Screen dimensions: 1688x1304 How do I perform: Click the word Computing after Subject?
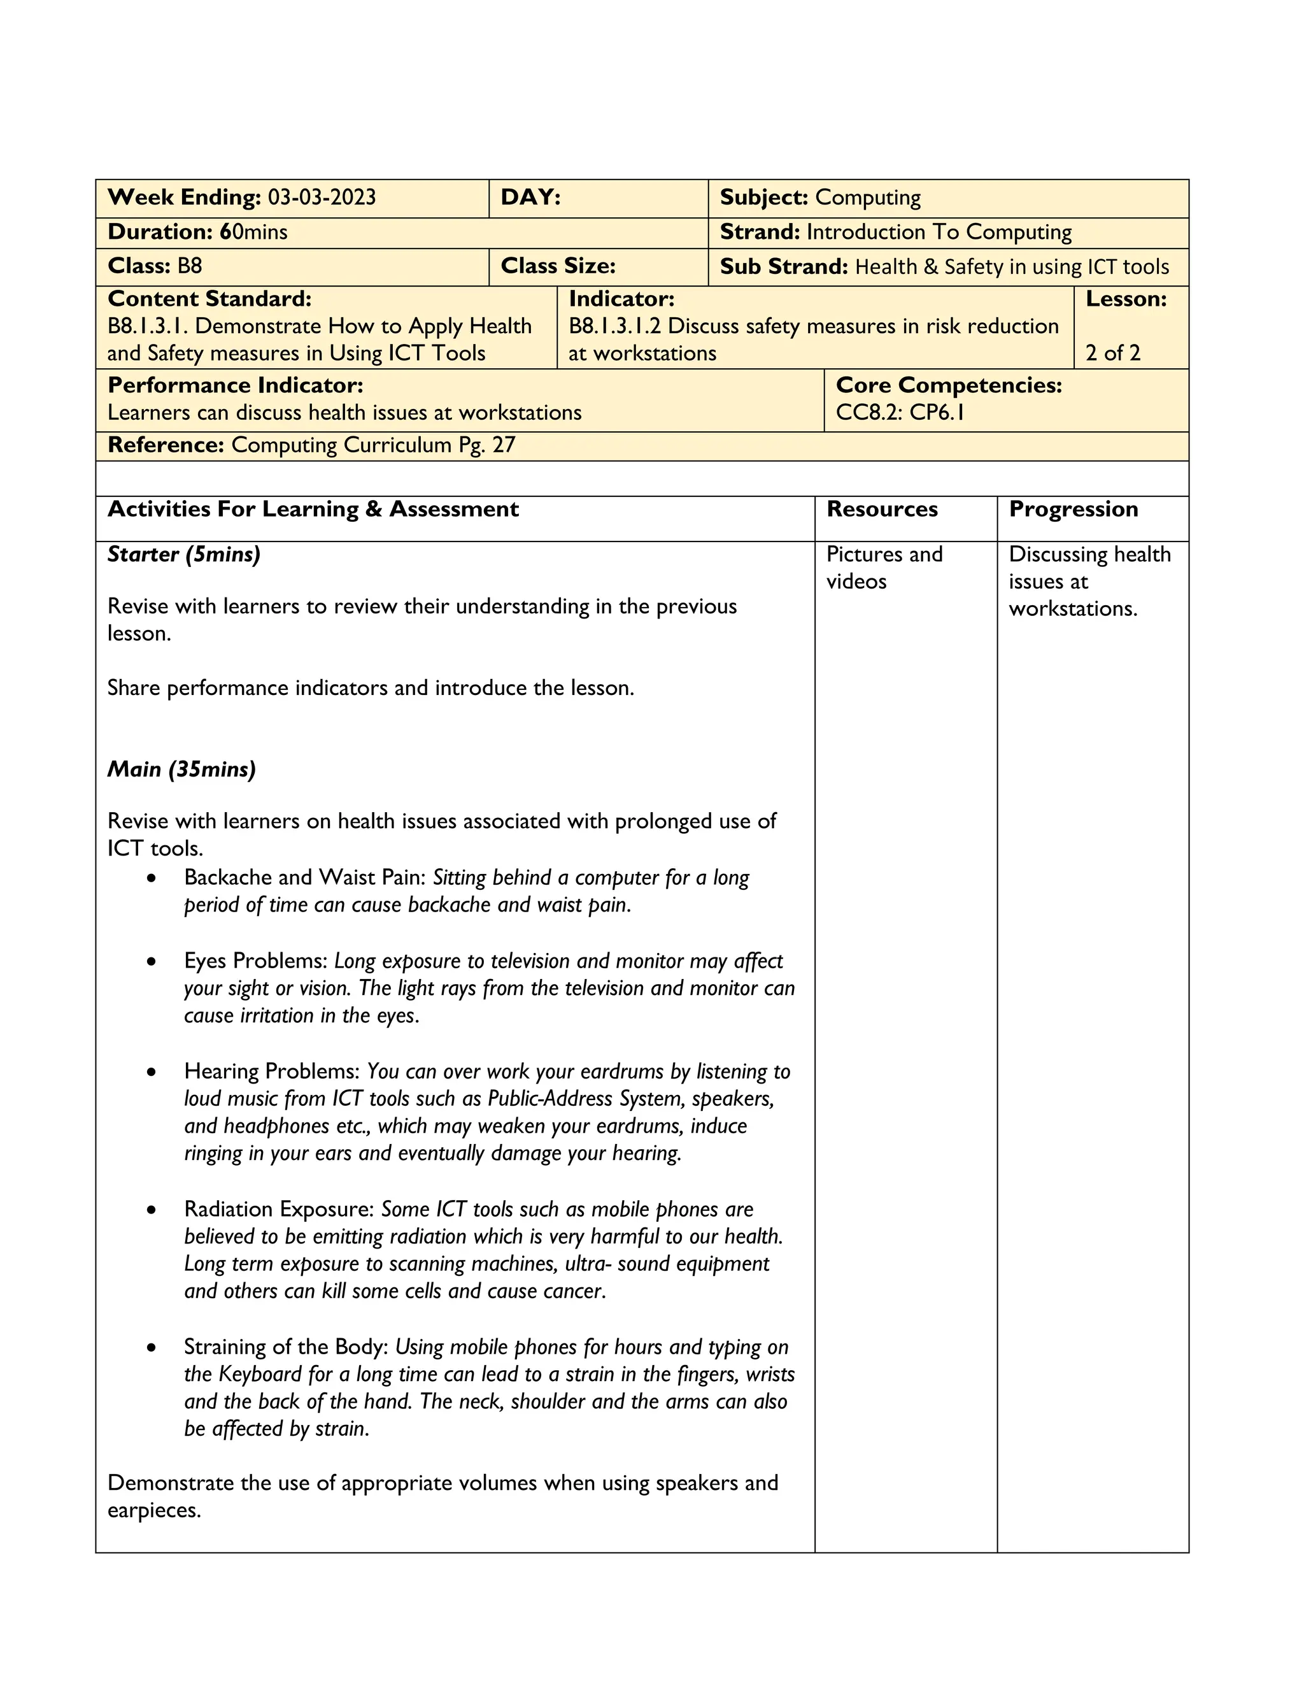(868, 198)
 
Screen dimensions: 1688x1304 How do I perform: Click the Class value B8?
(189, 266)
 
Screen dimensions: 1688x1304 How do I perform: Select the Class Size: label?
(558, 266)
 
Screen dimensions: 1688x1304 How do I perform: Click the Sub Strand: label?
(784, 267)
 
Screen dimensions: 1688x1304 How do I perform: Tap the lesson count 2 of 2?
(1112, 354)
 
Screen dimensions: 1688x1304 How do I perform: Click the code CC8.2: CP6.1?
(900, 412)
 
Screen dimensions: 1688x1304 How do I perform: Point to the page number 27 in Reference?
(504, 445)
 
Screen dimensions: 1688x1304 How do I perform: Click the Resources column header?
(881, 510)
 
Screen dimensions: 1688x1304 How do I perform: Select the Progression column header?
(1073, 510)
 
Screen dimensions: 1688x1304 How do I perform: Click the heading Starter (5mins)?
(184, 554)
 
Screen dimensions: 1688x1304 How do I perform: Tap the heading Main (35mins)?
(181, 769)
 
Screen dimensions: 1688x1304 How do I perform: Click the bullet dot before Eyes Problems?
(152, 962)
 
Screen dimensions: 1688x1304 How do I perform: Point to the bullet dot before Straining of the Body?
(152, 1348)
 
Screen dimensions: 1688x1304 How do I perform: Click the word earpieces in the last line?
(153, 1510)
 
